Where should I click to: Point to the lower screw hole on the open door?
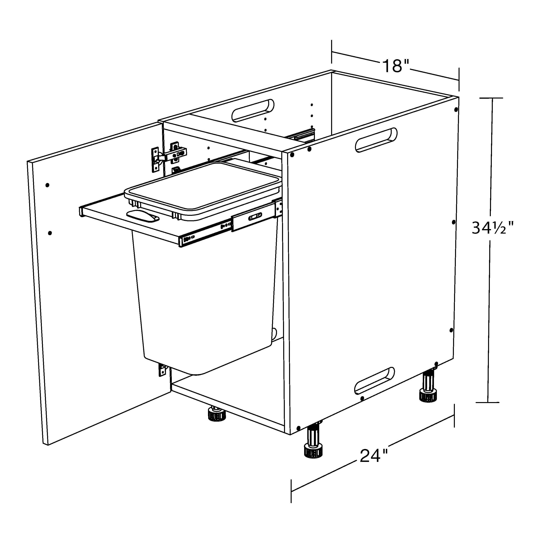(x=50, y=233)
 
